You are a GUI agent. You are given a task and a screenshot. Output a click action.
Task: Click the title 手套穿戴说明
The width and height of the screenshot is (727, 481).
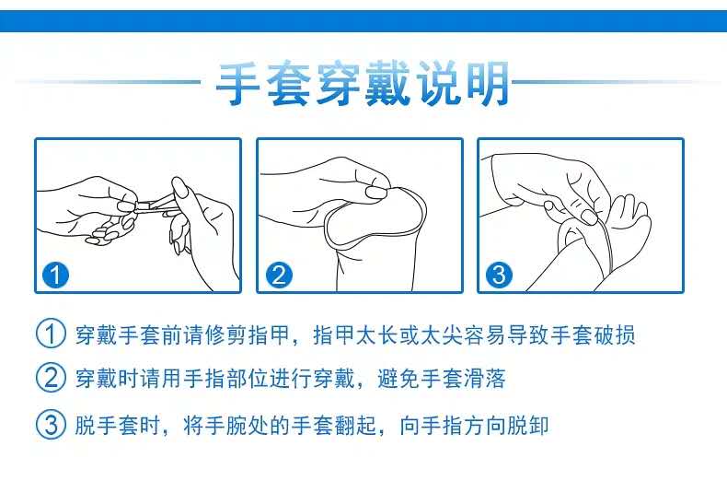pyautogui.click(x=363, y=84)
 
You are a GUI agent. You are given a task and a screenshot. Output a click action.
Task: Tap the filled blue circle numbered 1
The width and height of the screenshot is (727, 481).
pyautogui.click(x=55, y=275)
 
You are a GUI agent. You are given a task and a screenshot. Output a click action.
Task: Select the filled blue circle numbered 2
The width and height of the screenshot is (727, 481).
pyautogui.click(x=279, y=275)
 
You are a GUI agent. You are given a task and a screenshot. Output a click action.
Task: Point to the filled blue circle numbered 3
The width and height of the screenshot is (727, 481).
pyautogui.click(x=500, y=275)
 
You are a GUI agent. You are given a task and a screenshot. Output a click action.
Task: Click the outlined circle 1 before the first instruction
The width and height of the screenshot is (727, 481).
pyautogui.click(x=51, y=334)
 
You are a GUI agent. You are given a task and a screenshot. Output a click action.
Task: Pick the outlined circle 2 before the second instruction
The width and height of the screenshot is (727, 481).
pyautogui.click(x=51, y=378)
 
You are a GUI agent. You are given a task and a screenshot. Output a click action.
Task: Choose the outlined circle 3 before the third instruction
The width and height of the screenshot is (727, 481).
pyautogui.click(x=51, y=424)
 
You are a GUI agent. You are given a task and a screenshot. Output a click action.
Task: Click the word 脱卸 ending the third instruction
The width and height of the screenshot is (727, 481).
pyautogui.click(x=528, y=425)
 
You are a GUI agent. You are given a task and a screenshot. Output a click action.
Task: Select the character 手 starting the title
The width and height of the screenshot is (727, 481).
pyautogui.click(x=237, y=84)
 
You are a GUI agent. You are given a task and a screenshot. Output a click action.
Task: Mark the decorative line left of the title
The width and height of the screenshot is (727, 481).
pyautogui.click(x=109, y=82)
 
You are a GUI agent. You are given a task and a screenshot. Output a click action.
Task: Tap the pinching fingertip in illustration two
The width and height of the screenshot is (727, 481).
pyautogui.click(x=376, y=192)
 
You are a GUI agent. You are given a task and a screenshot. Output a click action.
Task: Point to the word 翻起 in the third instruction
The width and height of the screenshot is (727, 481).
pyautogui.click(x=355, y=425)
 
